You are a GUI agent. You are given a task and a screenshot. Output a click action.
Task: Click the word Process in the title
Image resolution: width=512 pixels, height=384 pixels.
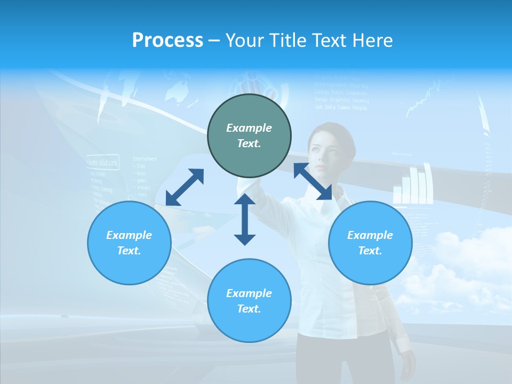point(167,41)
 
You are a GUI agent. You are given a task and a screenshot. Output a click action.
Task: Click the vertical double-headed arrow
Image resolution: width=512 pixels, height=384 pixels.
point(245,219)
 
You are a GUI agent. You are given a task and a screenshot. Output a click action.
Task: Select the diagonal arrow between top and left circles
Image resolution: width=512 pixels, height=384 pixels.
point(185,187)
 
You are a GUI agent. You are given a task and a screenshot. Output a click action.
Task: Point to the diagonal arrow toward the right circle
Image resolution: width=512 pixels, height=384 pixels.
point(313,181)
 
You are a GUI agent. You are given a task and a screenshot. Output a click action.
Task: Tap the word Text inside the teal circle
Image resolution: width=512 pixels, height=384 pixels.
point(249,143)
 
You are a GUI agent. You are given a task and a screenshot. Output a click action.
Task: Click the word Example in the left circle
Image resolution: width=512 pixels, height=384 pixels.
point(129,235)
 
